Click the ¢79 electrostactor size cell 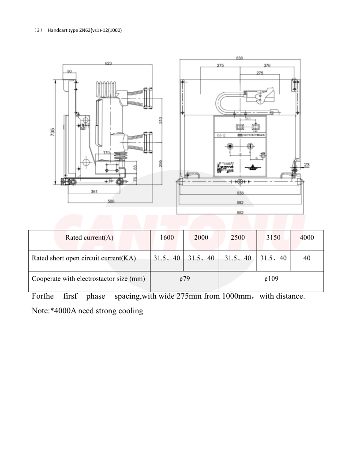tap(184, 279)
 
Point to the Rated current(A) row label tap(90, 237)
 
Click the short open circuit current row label tap(84, 258)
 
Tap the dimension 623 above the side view tap(108, 64)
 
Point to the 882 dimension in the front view tap(240, 212)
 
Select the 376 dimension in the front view tap(267, 65)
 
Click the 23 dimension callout tap(307, 165)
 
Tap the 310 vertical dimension tap(161, 120)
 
